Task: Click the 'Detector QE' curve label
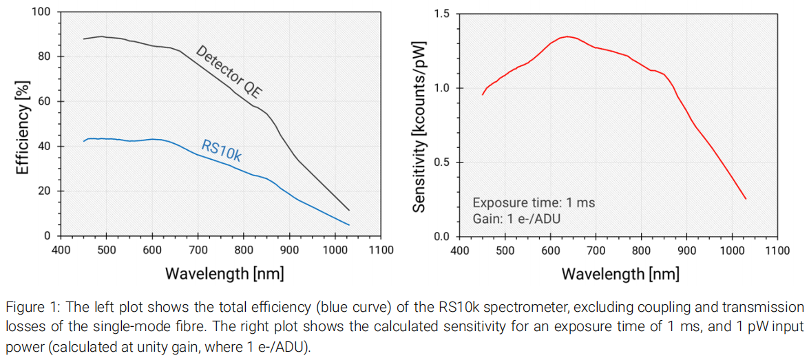point(230,72)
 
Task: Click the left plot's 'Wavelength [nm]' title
point(224,273)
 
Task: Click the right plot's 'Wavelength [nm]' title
point(620,273)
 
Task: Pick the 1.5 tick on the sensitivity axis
point(441,14)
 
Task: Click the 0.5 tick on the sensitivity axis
point(441,162)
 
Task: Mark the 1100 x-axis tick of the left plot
point(380,250)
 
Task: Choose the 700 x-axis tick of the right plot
point(596,250)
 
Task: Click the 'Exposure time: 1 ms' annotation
point(534,203)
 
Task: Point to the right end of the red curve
point(746,199)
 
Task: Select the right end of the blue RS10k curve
point(349,225)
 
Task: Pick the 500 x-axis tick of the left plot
point(107,250)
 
